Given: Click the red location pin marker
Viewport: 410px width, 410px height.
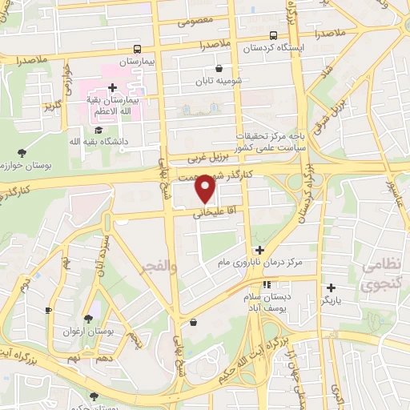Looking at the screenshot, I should (207, 188).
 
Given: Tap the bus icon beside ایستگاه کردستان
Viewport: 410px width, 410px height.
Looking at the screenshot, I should (274, 35).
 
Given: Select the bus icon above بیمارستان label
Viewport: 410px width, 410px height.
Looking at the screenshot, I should (138, 48).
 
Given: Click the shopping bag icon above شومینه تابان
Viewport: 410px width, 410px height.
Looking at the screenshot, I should (219, 69).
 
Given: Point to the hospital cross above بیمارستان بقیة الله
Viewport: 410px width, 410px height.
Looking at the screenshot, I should (112, 87).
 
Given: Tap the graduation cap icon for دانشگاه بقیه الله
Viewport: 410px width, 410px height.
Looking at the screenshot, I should (98, 130).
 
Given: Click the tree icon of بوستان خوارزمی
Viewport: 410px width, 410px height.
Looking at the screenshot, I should (22, 152).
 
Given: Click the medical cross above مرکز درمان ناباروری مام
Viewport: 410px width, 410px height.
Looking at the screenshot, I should (259, 250).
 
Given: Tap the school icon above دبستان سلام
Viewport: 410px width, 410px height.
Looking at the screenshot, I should (267, 284).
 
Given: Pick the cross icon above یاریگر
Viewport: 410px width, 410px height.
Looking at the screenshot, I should (331, 287).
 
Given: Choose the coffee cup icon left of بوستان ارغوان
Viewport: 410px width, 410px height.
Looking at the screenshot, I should (48, 310).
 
